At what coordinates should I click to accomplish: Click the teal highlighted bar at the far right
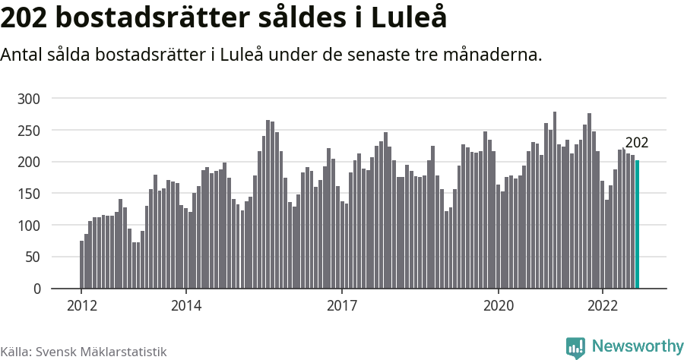point(637,225)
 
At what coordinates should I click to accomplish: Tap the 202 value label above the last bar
point(636,143)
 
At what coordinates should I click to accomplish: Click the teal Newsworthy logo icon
point(575,347)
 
